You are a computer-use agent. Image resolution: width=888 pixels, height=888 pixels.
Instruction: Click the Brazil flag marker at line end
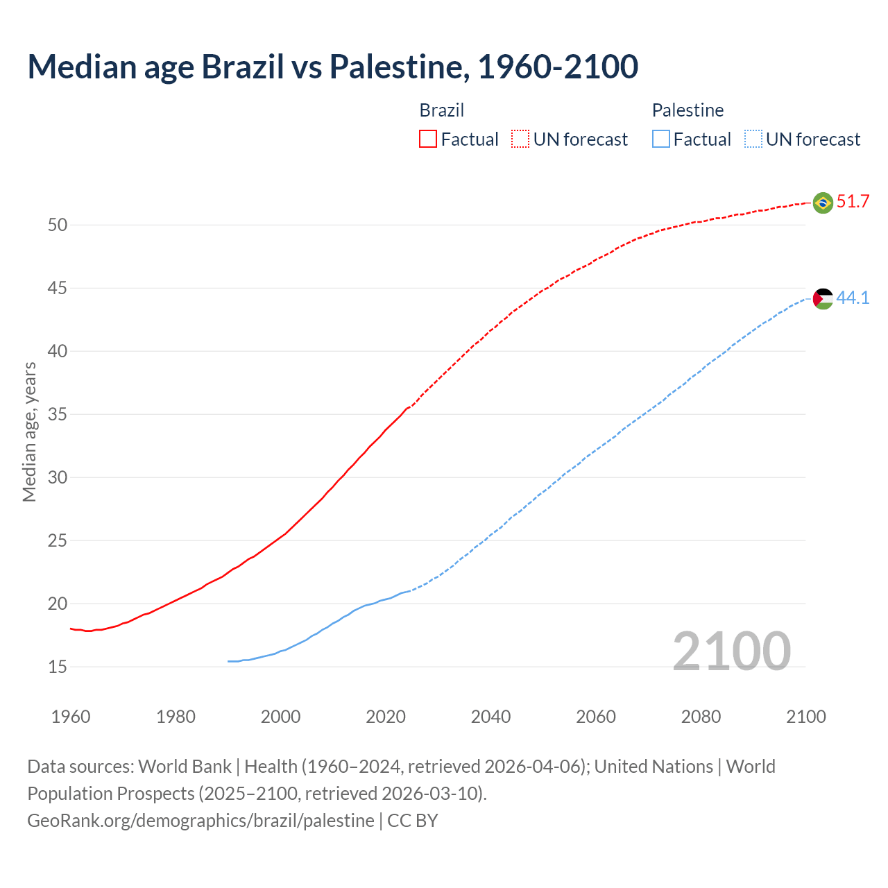point(822,203)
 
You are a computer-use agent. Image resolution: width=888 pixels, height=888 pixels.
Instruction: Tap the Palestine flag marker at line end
point(822,299)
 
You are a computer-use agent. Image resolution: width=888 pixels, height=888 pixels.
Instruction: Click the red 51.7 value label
point(853,202)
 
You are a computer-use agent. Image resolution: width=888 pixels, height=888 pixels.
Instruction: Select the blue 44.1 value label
point(853,298)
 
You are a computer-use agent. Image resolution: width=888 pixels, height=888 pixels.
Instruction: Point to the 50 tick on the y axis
point(58,225)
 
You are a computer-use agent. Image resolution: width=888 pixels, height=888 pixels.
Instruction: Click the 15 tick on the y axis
point(58,667)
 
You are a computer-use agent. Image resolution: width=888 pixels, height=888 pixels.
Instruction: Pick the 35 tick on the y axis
point(58,414)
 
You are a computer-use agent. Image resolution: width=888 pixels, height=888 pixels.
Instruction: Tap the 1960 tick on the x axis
point(71,717)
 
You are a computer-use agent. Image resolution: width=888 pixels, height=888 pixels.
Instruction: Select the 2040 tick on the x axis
point(490,717)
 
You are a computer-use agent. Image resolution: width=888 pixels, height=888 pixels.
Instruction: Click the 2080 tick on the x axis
point(701,717)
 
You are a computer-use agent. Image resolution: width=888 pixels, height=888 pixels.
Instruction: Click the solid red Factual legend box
point(428,139)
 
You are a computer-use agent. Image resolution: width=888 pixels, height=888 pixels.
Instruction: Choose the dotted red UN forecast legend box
point(520,139)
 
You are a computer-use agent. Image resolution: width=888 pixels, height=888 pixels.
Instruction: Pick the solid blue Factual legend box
point(661,139)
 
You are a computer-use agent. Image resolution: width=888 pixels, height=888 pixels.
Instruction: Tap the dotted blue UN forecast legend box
point(753,139)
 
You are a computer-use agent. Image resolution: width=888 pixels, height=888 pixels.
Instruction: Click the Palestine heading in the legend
point(688,110)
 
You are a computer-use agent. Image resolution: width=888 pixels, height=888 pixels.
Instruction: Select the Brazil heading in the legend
point(442,110)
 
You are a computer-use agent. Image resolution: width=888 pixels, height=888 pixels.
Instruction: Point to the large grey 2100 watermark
point(731,651)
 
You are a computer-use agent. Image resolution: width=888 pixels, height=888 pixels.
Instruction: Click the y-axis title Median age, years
point(29,432)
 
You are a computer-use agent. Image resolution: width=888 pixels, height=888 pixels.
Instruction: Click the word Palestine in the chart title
point(395,67)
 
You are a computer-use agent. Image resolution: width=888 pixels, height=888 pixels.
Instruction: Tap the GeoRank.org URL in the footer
point(200,821)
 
